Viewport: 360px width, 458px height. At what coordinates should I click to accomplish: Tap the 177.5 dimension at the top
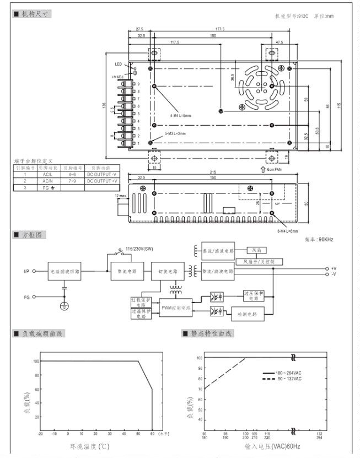[x=220, y=29]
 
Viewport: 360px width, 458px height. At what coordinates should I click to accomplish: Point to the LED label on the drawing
[x=119, y=64]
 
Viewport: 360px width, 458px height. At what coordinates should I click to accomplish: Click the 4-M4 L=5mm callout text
[x=180, y=115]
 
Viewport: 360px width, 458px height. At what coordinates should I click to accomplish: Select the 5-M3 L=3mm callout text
[x=176, y=133]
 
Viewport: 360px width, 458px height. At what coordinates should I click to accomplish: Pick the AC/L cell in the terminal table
[x=47, y=174]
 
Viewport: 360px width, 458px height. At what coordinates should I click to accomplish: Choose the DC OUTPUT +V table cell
[x=101, y=181]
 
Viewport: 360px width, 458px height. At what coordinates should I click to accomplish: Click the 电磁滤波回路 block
[x=65, y=272]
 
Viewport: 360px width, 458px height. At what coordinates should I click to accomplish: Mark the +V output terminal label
[x=334, y=268]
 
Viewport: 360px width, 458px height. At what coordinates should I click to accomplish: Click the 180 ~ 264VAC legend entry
[x=289, y=373]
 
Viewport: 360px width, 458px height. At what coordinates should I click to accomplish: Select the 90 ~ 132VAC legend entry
[x=289, y=379]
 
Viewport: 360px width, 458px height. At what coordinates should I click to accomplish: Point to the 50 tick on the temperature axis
[x=138, y=434]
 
